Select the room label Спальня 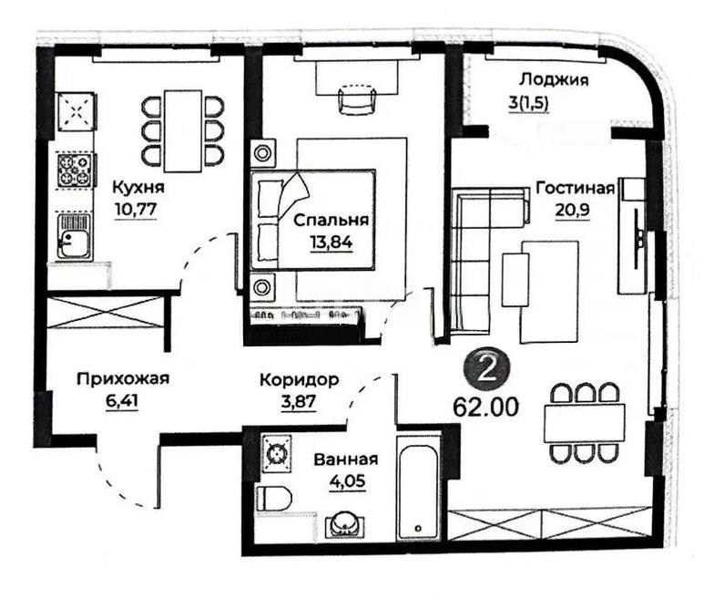(x=331, y=220)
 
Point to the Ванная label (x=344, y=460)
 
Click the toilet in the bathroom (x=274, y=498)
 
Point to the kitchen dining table (x=183, y=129)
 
